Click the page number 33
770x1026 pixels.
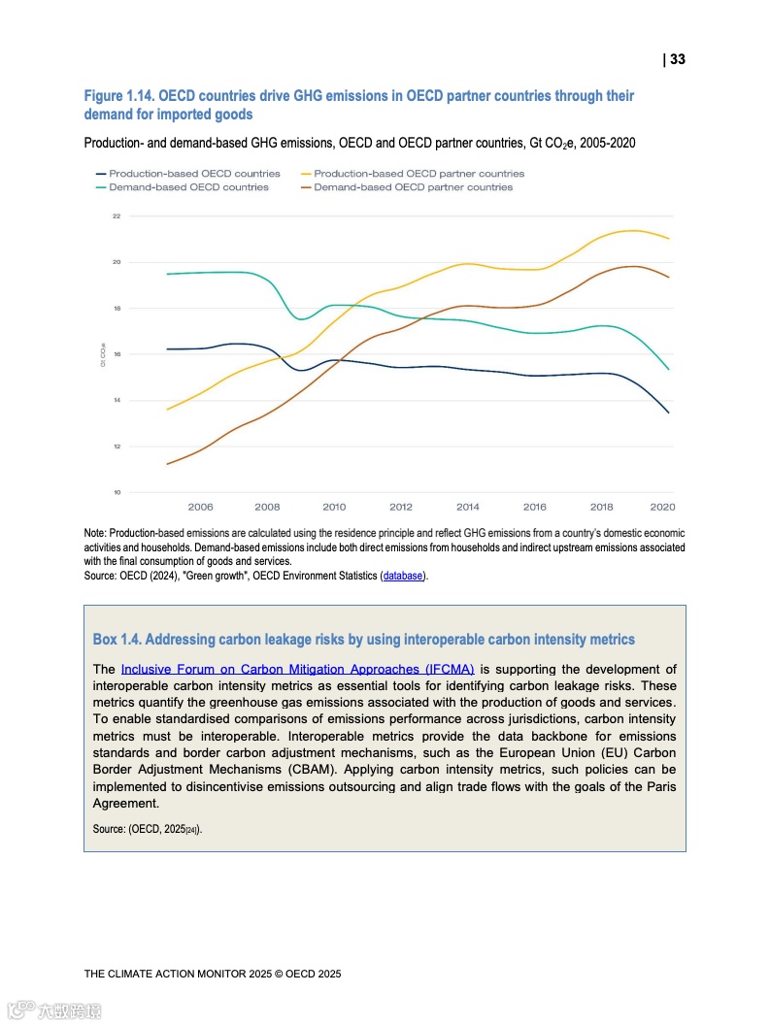point(677,59)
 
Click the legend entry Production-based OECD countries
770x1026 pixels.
point(194,174)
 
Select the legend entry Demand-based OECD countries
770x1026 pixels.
point(188,186)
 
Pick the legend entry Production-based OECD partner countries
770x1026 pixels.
point(418,174)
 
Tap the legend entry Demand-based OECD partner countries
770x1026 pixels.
point(413,186)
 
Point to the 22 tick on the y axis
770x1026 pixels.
point(116,216)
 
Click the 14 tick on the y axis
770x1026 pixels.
point(116,401)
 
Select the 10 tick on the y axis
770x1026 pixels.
point(116,493)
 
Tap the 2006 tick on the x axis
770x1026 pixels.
point(200,507)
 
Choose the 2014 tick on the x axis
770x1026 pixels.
point(467,507)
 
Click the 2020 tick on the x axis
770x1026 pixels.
point(662,507)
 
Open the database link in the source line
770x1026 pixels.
point(403,576)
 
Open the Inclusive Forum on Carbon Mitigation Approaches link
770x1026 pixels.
point(297,669)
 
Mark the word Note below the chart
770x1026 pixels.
point(94,533)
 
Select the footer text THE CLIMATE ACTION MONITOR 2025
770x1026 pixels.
point(212,973)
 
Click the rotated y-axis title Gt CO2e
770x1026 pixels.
point(103,354)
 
